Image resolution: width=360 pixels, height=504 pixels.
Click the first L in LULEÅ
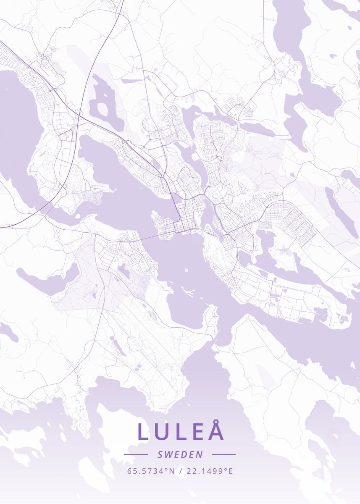pyautogui.click(x=143, y=432)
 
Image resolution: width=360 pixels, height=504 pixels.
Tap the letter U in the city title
pyautogui.click(x=162, y=432)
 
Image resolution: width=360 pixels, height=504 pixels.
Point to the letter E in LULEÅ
pyautogui.click(x=197, y=432)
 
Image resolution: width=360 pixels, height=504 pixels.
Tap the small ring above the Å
pyautogui.click(x=216, y=421)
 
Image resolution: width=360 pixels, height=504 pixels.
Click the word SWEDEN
pyautogui.click(x=180, y=454)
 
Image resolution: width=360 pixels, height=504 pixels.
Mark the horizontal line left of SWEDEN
pyautogui.click(x=136, y=454)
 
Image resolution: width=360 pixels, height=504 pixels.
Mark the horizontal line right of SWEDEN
pyautogui.click(x=224, y=454)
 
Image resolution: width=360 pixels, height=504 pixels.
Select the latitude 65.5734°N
pyautogui.click(x=151, y=471)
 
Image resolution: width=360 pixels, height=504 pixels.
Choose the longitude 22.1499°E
pyautogui.click(x=210, y=471)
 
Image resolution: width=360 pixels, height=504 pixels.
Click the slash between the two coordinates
pyautogui.click(x=181, y=471)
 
